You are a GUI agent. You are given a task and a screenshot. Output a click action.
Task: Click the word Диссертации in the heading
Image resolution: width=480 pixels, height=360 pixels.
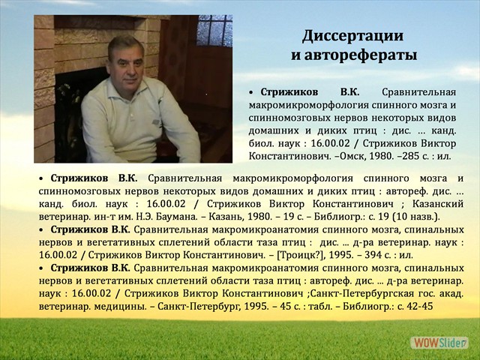click(353, 36)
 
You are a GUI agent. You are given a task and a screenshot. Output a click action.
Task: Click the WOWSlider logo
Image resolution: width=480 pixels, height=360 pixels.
click(439, 342)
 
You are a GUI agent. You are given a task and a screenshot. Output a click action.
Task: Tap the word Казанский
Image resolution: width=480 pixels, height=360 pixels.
click(430, 204)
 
